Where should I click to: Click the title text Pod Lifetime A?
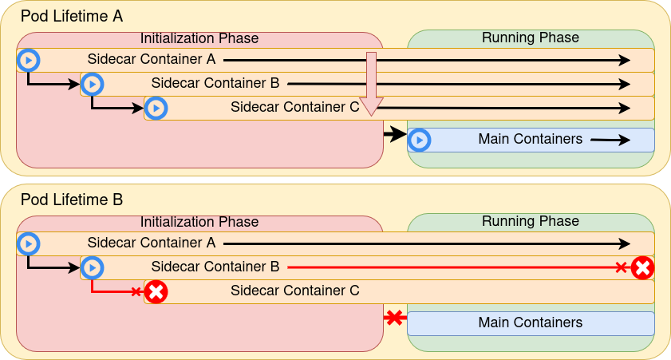coord(72,16)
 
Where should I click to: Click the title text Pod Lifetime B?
coord(72,200)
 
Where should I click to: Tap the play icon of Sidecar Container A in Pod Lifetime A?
coord(28,60)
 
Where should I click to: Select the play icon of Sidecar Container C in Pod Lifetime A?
coord(156,108)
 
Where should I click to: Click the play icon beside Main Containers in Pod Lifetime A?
coord(419,140)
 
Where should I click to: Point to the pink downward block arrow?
coord(371,85)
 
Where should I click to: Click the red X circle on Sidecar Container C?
coord(156,292)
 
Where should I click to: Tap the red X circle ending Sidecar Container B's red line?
coord(642,268)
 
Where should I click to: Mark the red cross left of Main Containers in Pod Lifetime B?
coord(394,318)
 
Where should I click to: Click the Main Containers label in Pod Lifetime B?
coord(531,323)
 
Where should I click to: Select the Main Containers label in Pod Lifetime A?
coord(531,140)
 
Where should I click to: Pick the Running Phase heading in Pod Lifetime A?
coord(531,38)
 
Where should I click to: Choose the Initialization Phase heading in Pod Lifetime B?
coord(199,222)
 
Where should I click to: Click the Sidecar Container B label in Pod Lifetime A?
coord(215,83)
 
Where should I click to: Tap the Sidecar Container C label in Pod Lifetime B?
coord(295,291)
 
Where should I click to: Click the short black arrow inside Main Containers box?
coord(610,140)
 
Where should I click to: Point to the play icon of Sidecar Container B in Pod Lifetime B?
coord(92,267)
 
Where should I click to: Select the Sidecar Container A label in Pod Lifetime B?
coord(152,243)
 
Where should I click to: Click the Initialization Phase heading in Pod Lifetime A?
coord(199,38)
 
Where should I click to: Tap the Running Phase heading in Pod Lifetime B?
coord(531,221)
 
